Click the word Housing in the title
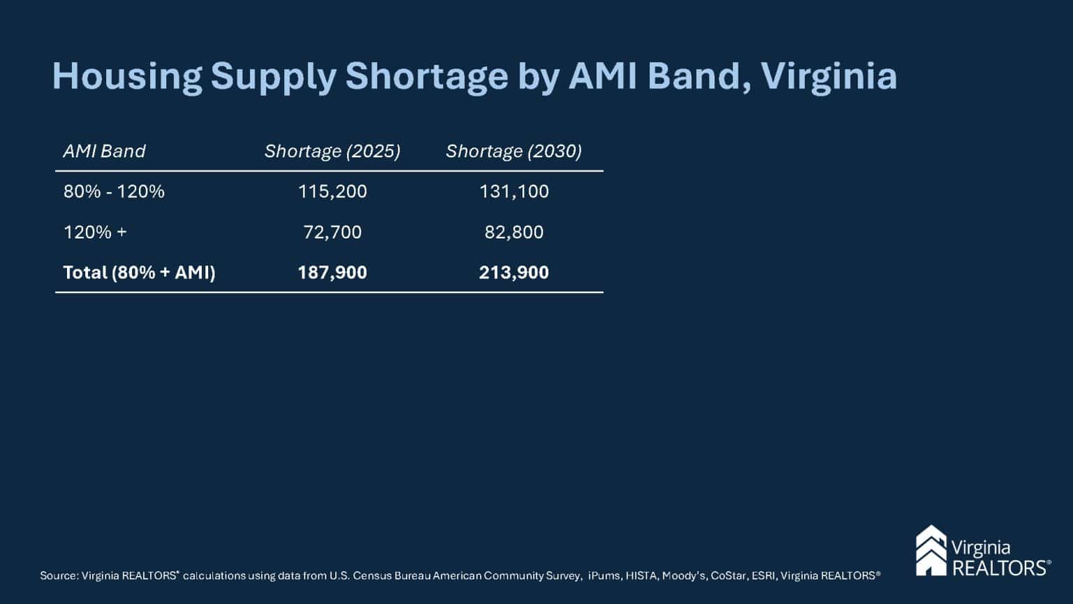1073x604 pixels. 126,77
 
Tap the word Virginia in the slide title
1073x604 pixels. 829,77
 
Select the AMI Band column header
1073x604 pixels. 104,151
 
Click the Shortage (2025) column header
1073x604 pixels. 332,151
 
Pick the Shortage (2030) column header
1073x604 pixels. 513,151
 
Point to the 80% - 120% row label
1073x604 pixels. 114,192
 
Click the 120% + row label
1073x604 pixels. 95,232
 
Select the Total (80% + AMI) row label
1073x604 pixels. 139,273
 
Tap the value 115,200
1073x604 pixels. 332,192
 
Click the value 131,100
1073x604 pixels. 513,192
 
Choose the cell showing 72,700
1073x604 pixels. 332,232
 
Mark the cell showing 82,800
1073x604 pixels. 513,232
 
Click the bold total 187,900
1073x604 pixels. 332,273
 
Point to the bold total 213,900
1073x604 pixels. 513,273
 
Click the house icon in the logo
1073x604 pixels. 930,551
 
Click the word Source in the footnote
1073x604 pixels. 58,576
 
